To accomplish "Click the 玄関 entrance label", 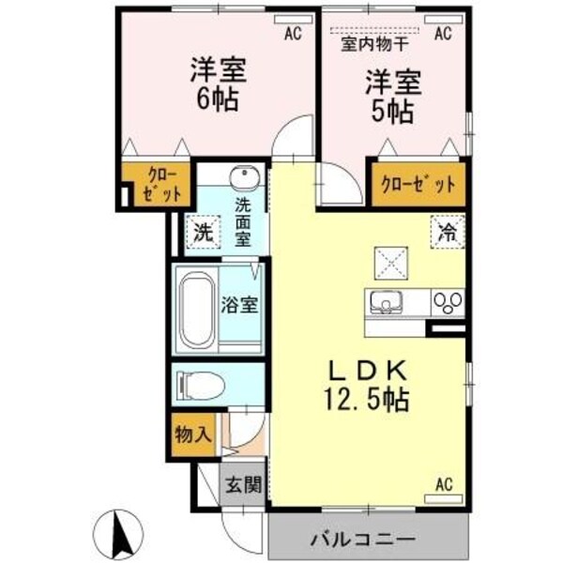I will pos(242,486).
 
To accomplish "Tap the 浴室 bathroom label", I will pos(241,306).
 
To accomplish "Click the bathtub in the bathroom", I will pos(197,310).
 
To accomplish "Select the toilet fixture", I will pos(200,384).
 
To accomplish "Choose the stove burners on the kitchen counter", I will pos(446,302).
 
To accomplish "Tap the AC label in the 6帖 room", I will pos(293,33).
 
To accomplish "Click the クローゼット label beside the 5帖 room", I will pos(418,184).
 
